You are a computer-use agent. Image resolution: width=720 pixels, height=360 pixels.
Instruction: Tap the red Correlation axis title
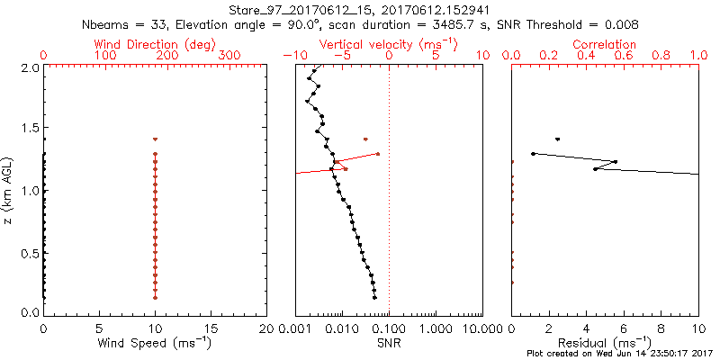point(605,44)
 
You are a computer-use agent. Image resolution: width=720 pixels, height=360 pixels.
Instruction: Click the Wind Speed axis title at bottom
point(154,343)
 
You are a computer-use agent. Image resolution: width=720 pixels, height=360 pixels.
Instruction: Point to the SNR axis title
point(389,343)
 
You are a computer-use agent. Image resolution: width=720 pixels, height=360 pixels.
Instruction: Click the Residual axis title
point(605,343)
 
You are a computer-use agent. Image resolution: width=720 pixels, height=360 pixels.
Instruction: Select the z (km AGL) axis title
point(11,189)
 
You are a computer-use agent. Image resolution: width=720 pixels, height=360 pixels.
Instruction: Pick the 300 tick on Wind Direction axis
point(232,56)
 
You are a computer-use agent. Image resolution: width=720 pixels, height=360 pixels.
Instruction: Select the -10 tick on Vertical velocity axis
point(289,56)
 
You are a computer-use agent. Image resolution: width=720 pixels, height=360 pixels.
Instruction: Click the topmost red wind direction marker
point(156,139)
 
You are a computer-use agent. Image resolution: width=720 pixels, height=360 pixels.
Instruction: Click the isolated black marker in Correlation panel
point(558,139)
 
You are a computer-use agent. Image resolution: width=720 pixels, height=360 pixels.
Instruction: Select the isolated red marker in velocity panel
point(365,139)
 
